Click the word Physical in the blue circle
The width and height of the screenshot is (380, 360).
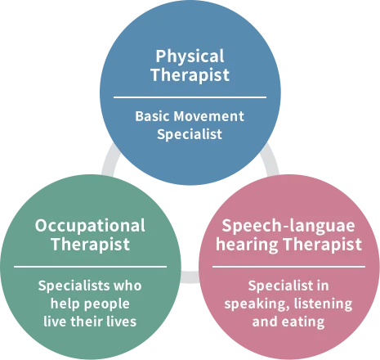[190, 57]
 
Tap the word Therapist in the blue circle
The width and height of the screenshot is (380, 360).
[190, 74]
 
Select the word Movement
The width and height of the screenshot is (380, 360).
[208, 116]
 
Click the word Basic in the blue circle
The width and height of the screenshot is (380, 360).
[153, 116]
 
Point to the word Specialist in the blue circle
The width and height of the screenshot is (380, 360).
[190, 134]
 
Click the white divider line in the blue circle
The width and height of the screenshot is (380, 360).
[190, 97]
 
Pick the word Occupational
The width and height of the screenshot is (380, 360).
[90, 227]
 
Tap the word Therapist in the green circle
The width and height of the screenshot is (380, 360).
[91, 244]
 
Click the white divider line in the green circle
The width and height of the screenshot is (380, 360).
[90, 267]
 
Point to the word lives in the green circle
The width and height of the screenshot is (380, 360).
[121, 322]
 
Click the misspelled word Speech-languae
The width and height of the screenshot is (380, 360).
[288, 227]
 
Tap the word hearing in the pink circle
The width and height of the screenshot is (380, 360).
[248, 244]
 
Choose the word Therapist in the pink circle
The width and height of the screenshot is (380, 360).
[323, 244]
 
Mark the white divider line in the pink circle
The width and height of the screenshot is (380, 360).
[288, 267]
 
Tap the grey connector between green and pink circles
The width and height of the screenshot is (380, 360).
[190, 277]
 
